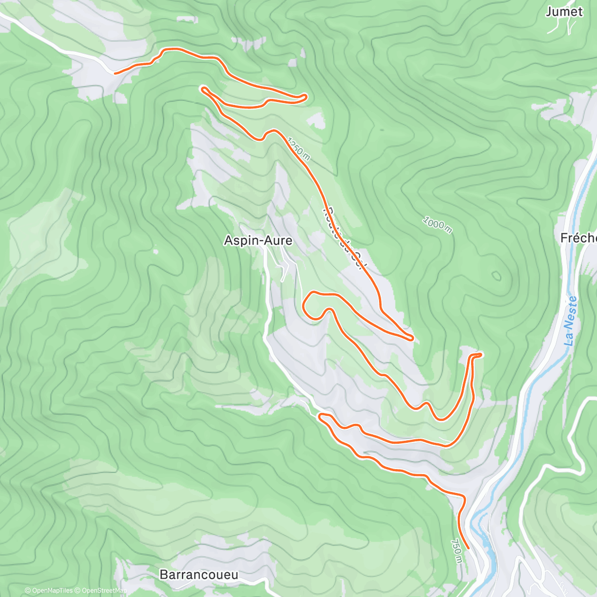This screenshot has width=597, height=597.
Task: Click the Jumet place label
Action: point(564,11)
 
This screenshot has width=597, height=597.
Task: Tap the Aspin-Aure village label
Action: point(258,241)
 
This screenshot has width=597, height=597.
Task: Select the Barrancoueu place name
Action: point(199,575)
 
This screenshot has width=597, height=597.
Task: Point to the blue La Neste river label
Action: point(571,321)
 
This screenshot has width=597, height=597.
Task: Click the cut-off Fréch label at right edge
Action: point(578,238)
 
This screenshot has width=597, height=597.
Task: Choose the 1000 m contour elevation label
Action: point(437,225)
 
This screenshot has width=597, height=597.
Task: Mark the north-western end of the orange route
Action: point(115,73)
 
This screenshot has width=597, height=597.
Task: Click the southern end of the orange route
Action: point(468,548)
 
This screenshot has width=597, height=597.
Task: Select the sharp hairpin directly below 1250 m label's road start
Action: point(202,89)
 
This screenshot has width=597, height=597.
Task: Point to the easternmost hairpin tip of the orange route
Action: point(481,354)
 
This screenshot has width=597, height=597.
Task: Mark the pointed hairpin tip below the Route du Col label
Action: point(412,339)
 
